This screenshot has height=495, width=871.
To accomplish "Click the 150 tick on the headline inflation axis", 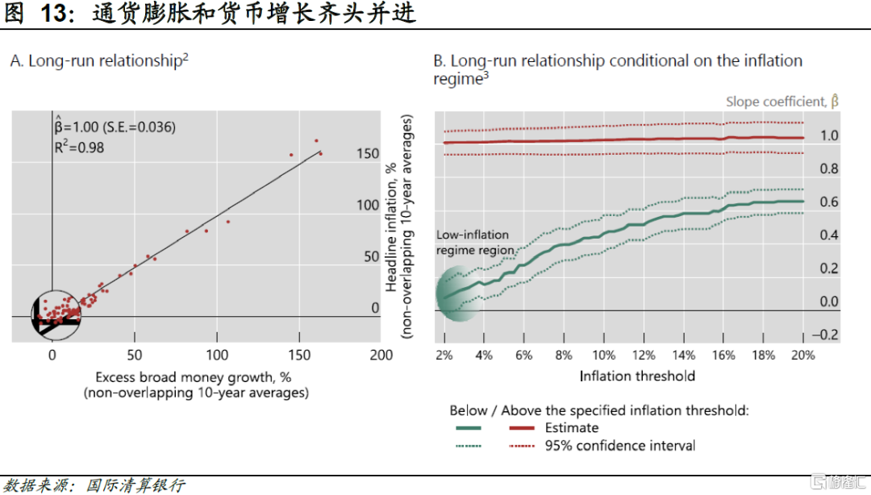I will click(x=368, y=153).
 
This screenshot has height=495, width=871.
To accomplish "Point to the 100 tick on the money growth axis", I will click(x=217, y=355).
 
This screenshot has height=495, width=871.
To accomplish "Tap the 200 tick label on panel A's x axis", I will click(x=381, y=355).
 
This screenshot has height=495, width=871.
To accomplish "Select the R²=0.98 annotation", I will click(x=79, y=148).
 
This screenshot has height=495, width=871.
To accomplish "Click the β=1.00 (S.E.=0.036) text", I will click(x=115, y=127).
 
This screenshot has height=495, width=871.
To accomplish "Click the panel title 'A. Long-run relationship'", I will click(x=99, y=61).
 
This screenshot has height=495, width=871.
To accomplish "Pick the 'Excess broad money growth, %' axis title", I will click(x=193, y=376).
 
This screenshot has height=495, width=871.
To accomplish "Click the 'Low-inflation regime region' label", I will click(x=476, y=243).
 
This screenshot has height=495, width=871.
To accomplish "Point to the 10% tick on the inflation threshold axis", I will click(x=603, y=355).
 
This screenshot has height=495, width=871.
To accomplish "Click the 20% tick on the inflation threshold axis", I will click(x=802, y=355).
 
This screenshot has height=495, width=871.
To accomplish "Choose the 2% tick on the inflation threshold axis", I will click(x=444, y=355).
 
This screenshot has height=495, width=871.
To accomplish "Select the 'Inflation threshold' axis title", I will click(x=637, y=376).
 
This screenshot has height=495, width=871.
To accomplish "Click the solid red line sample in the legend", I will click(x=524, y=428).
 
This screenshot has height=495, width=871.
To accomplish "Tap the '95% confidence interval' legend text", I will click(x=619, y=445).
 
